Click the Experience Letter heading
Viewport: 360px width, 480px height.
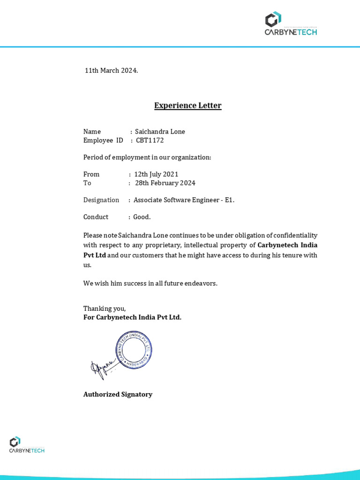[x=187, y=105]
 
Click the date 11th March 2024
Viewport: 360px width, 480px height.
[x=111, y=71]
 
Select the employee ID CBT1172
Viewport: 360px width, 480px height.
[x=150, y=140]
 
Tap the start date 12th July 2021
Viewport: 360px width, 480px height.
[x=156, y=174]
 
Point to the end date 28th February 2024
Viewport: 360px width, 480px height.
[x=165, y=183]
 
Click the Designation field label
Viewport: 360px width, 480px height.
[x=101, y=200]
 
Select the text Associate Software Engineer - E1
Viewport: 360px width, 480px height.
[x=184, y=200]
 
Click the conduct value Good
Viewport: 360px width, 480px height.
[x=142, y=217]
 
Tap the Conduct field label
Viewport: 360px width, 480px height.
[x=96, y=217]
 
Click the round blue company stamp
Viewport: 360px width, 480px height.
[x=134, y=349]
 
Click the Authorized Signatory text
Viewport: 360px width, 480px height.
[x=118, y=395]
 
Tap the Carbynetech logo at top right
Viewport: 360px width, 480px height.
[x=290, y=24]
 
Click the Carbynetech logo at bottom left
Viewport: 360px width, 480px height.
[x=27, y=444]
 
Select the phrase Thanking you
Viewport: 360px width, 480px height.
[x=105, y=308]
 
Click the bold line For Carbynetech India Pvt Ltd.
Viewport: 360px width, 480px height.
[x=132, y=317]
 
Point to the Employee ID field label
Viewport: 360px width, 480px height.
[x=103, y=140]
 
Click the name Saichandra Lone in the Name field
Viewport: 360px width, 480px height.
[x=160, y=132]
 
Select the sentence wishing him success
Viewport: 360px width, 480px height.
[x=150, y=284]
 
